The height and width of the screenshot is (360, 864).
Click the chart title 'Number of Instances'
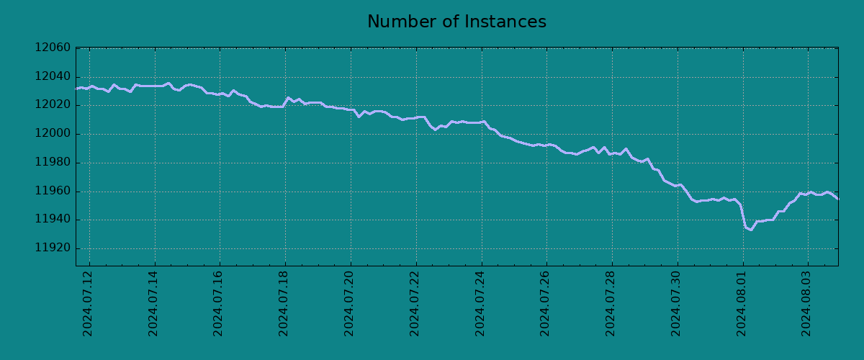coord(456,22)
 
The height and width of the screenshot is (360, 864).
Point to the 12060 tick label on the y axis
coord(53,48)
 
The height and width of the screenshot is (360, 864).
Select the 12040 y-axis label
coord(53,77)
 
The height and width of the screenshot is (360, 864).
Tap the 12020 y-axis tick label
coord(53,105)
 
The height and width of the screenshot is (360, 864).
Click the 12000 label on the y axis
coord(53,134)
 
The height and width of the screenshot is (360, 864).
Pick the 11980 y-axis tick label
coord(53,163)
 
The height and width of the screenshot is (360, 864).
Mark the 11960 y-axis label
coord(53,192)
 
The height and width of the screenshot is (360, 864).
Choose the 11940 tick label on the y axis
coord(53,220)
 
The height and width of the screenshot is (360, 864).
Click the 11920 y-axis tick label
coord(53,248)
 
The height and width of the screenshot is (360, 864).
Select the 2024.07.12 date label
coord(88,303)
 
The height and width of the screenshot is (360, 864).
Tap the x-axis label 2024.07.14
coord(153,303)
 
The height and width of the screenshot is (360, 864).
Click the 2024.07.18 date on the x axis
coord(284,303)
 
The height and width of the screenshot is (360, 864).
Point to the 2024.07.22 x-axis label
coord(415,303)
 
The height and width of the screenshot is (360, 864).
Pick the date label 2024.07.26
coord(545,303)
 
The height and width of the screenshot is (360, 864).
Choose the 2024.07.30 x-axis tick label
coord(676,303)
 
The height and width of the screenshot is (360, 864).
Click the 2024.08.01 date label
coord(742,303)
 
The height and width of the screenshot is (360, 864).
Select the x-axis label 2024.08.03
coord(807,303)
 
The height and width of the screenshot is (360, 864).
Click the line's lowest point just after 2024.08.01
coord(751,230)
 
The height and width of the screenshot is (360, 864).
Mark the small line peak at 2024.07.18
coord(288,98)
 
